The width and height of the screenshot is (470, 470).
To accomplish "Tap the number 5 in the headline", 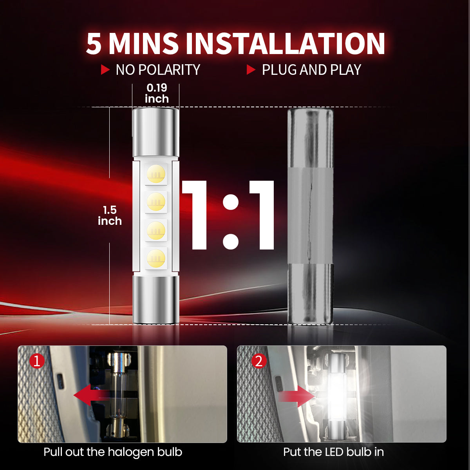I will (94, 43).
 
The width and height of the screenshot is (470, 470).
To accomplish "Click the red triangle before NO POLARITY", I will (105, 70).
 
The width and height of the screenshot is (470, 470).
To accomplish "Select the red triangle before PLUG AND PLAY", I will (251, 70).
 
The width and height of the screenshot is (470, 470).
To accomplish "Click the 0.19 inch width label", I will (157, 93).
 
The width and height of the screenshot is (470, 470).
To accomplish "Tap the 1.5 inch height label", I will (110, 215).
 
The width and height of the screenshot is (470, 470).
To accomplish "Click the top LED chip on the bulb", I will (156, 174).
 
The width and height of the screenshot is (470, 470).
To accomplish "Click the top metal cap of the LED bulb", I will (155, 131).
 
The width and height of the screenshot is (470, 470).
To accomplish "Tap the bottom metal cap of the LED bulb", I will (155, 300).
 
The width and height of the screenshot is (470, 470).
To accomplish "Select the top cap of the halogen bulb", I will (310, 137).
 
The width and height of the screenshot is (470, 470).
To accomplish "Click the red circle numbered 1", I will (37, 361).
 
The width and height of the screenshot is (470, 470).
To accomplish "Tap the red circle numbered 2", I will (258, 361).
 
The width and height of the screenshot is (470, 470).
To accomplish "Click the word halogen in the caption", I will (130, 452).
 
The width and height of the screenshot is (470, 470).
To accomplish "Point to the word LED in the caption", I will (334, 452).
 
